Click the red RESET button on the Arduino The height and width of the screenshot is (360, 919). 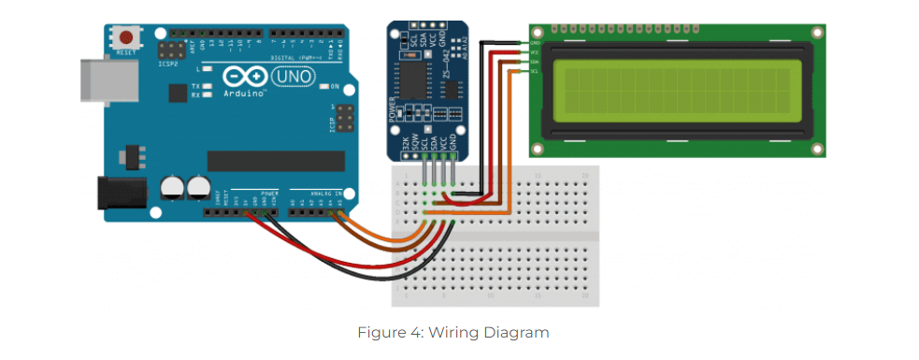pos(125,38)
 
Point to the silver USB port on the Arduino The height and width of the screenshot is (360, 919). pos(99,76)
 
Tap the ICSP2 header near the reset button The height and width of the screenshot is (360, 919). pos(173,50)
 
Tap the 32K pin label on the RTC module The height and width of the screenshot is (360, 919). pos(405,145)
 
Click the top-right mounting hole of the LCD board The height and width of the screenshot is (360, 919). pos(817,34)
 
